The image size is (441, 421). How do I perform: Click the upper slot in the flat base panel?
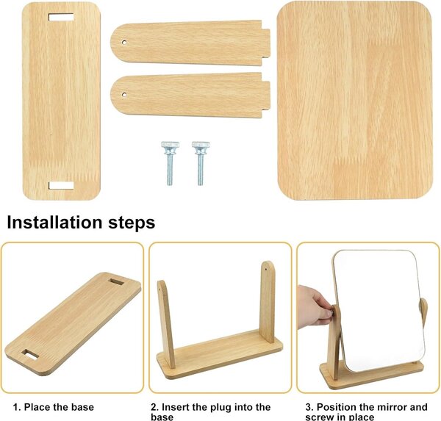tap(61, 17)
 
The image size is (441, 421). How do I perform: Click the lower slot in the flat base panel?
tap(61, 186)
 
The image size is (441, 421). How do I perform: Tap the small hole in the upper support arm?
tap(124, 43)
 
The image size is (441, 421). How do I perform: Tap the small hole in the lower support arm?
tap(124, 95)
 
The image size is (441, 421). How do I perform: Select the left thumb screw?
tap(170, 163)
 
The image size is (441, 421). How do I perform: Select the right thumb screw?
tap(201, 163)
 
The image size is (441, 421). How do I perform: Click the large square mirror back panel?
tap(354, 101)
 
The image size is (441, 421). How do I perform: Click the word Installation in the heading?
tap(54, 222)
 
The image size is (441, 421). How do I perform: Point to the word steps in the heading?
tap(132, 223)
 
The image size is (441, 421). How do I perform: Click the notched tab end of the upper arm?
tap(265, 43)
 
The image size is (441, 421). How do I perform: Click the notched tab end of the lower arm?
tap(265, 95)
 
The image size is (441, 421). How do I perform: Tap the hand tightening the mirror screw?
tap(315, 306)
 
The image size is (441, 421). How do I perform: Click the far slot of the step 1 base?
tap(115, 282)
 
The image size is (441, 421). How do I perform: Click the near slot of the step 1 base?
tap(30, 354)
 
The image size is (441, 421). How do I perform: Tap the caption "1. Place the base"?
tap(54, 407)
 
